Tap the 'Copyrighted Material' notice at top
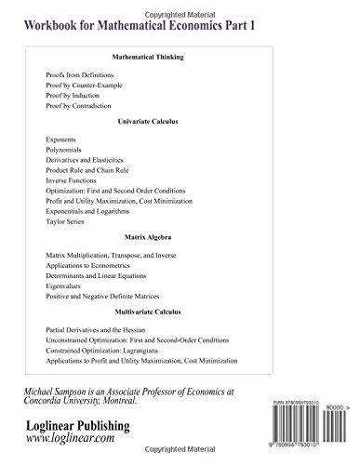pyautogui.click(x=180, y=6)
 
